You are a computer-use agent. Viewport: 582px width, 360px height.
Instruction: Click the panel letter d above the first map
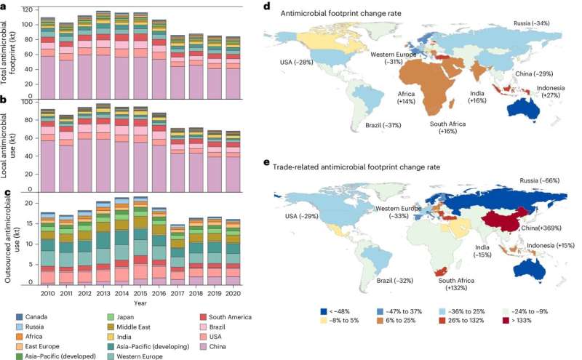click(x=267, y=7)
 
